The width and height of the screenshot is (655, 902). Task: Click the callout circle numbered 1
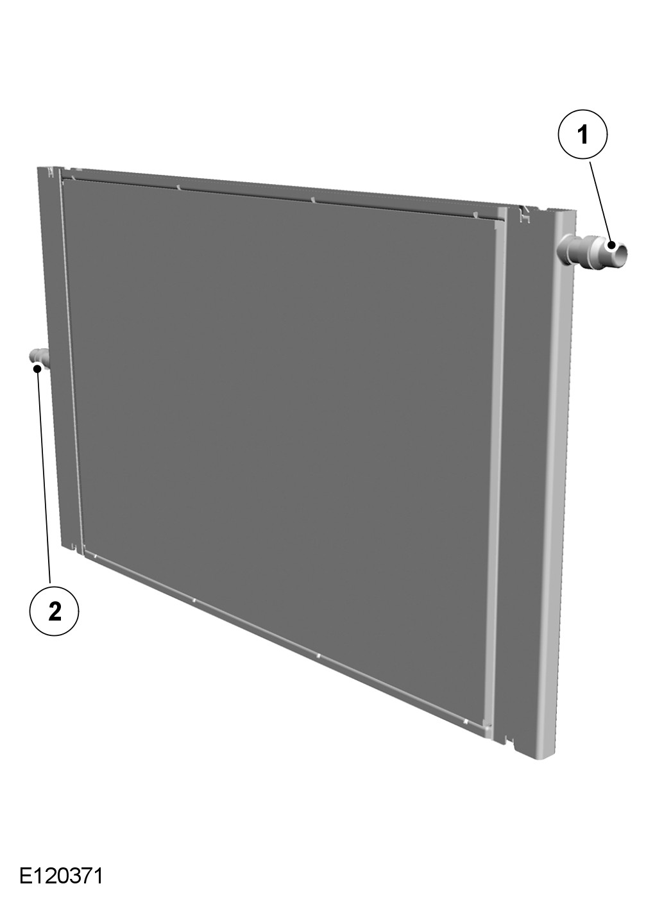tap(582, 134)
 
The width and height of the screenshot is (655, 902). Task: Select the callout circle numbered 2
tap(55, 611)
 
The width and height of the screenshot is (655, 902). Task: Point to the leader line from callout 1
tap(601, 203)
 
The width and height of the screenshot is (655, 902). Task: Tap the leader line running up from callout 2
tap(44, 476)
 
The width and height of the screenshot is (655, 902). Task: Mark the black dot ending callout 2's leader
tap(37, 367)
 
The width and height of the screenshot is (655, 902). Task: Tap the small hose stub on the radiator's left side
tap(40, 358)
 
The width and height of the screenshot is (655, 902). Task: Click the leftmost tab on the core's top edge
tap(73, 177)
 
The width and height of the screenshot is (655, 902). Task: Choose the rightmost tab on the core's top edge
tap(475, 215)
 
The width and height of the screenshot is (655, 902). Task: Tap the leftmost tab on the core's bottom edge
tap(95, 556)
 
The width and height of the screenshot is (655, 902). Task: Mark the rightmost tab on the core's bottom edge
tap(464, 721)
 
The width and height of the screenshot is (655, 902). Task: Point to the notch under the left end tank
tap(73, 546)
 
